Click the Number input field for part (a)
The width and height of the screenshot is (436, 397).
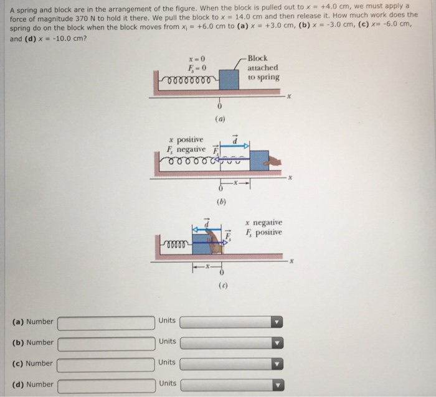pyautogui.click(x=106, y=322)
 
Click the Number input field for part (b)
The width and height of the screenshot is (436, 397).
pyautogui.click(x=106, y=343)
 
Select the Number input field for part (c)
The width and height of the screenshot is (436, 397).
pyautogui.click(x=106, y=364)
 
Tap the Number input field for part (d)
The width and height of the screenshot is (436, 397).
pyautogui.click(x=106, y=385)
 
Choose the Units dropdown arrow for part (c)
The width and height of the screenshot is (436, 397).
pyautogui.click(x=278, y=364)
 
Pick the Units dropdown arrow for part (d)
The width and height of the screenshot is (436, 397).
pyautogui.click(x=278, y=385)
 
